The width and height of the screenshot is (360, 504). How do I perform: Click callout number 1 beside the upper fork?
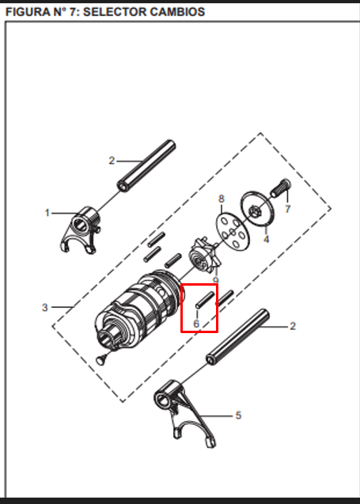pyautogui.click(x=47, y=213)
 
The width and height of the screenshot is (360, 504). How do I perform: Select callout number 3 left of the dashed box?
pyautogui.click(x=45, y=307)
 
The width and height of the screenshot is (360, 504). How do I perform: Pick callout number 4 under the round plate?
pyautogui.click(x=266, y=238)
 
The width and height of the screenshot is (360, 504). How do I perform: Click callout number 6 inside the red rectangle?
pyautogui.click(x=196, y=323)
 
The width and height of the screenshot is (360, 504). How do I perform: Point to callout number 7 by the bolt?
pyautogui.click(x=287, y=209)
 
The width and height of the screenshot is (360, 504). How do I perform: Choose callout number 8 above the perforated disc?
pyautogui.click(x=222, y=198)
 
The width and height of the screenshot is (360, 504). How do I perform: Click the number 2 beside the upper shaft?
pyautogui.click(x=112, y=161)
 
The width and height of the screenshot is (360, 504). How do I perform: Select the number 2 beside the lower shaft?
pyautogui.click(x=293, y=325)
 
